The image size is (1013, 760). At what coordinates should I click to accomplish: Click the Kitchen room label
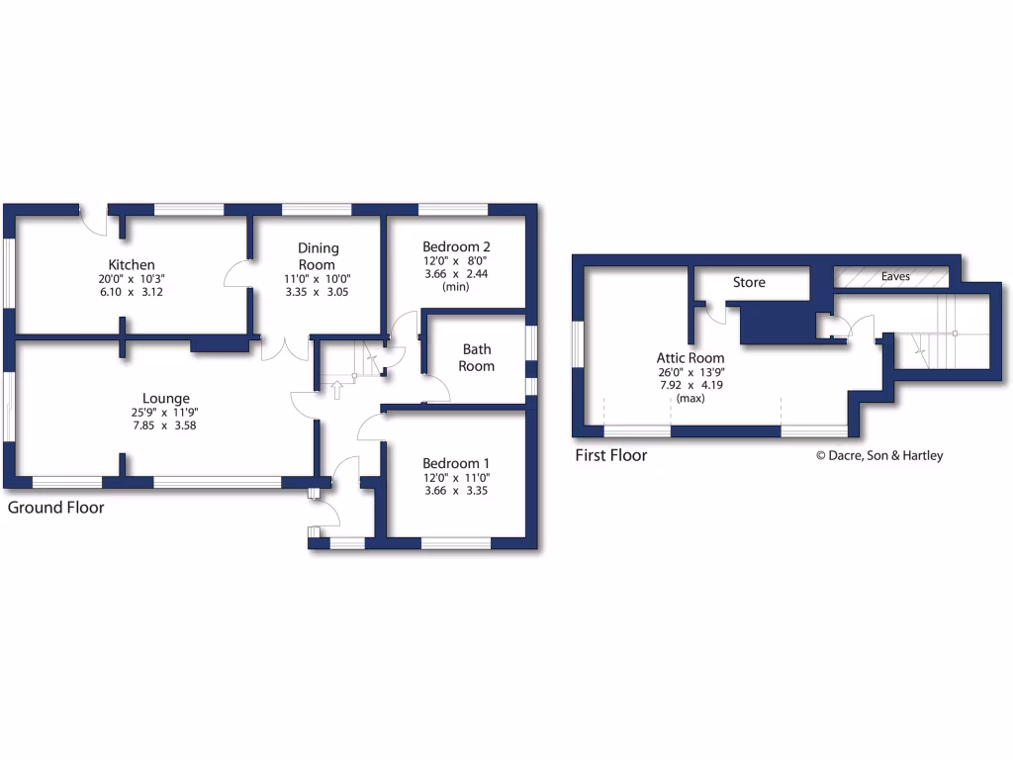tap(132, 264)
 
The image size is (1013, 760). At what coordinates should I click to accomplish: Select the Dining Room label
tap(318, 256)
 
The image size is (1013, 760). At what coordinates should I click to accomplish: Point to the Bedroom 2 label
tap(456, 246)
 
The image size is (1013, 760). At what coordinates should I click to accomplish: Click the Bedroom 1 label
tap(456, 463)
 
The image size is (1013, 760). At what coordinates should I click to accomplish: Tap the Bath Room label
tap(476, 357)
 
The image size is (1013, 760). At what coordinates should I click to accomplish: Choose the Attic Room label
tap(691, 358)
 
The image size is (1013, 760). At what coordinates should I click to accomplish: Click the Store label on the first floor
tap(749, 282)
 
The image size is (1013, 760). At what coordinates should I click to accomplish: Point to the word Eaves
tap(895, 277)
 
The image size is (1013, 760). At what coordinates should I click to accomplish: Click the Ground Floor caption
tap(56, 508)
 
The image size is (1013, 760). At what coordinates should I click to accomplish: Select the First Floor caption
tap(611, 455)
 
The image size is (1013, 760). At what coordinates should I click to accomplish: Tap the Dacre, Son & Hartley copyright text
tap(878, 456)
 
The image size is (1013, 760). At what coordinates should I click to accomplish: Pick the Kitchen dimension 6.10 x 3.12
tap(132, 294)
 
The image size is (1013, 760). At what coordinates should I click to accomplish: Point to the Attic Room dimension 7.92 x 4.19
tap(691, 386)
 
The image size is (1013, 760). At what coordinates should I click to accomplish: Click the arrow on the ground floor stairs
tap(336, 388)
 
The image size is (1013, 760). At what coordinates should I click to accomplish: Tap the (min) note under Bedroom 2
tap(456, 287)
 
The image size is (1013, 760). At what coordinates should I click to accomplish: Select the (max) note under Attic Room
tap(691, 399)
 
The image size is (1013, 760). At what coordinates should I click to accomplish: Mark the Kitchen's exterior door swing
tap(94, 224)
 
